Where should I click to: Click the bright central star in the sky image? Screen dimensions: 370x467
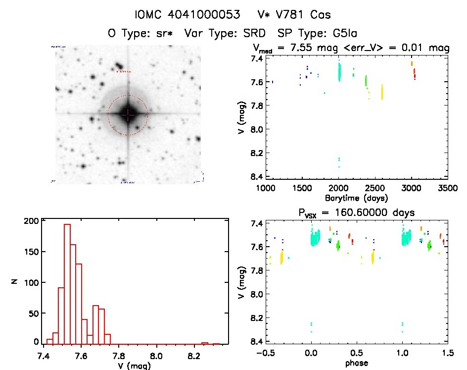pyautogui.click(x=128, y=114)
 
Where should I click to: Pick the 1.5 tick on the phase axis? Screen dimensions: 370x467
pyautogui.click(x=448, y=353)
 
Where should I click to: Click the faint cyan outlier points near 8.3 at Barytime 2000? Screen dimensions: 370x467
pyautogui.click(x=339, y=161)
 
